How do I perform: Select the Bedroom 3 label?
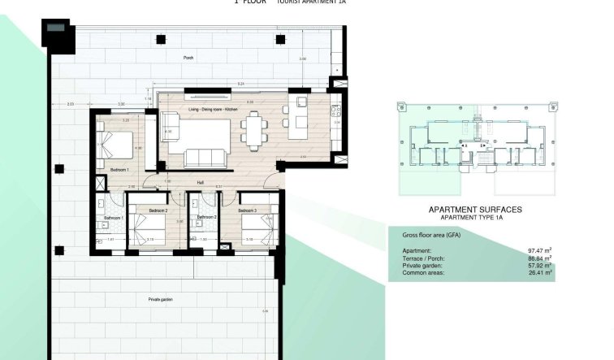click(248, 210)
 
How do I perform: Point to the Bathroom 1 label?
click(113, 218)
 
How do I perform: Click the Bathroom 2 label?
click(207, 217)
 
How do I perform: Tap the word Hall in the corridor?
click(199, 183)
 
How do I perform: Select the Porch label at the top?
click(188, 59)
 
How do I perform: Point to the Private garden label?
click(160, 299)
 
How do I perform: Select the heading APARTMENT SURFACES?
click(475, 210)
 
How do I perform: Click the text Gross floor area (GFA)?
click(433, 235)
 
